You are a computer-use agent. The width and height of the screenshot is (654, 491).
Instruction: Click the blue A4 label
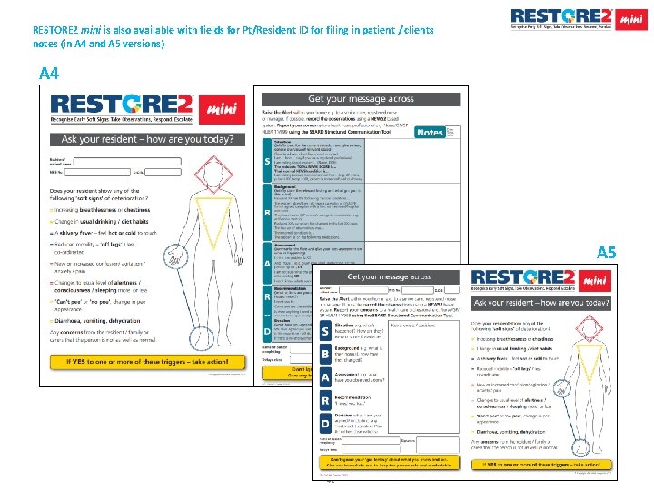coord(50,74)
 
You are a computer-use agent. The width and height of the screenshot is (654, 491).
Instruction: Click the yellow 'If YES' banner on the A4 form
coord(146,361)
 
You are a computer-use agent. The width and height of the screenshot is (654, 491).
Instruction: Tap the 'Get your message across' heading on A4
coord(361,99)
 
